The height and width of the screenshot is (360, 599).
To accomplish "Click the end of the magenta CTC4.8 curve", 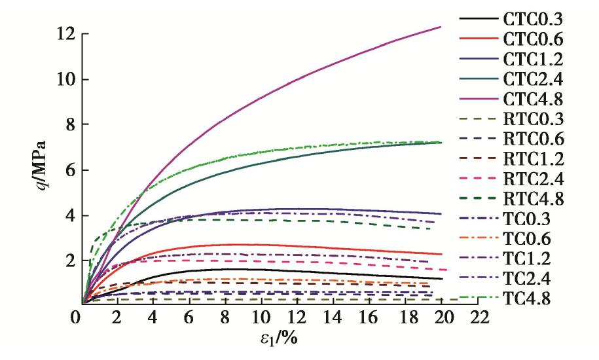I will (441, 27).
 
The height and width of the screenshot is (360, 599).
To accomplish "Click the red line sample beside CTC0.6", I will (479, 39).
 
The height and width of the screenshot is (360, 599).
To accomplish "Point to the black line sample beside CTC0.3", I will (479, 18).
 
